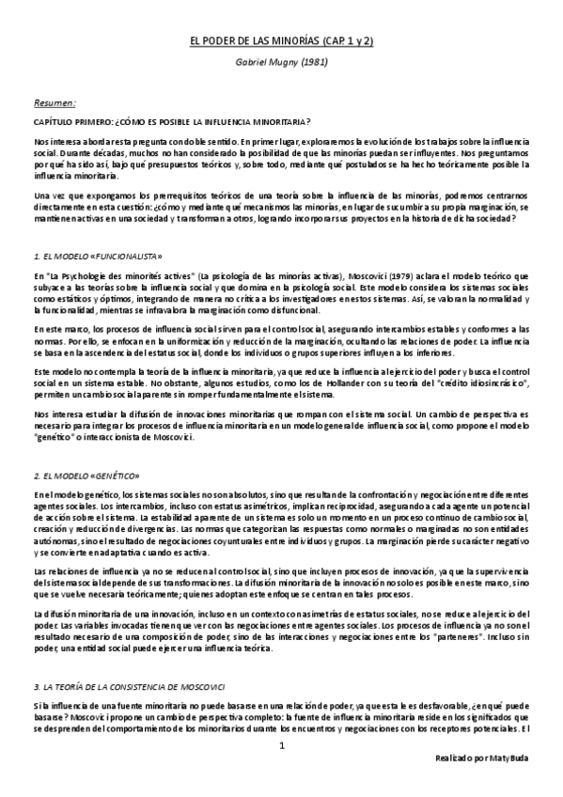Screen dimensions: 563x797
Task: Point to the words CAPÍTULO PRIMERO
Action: [x=69, y=122]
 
